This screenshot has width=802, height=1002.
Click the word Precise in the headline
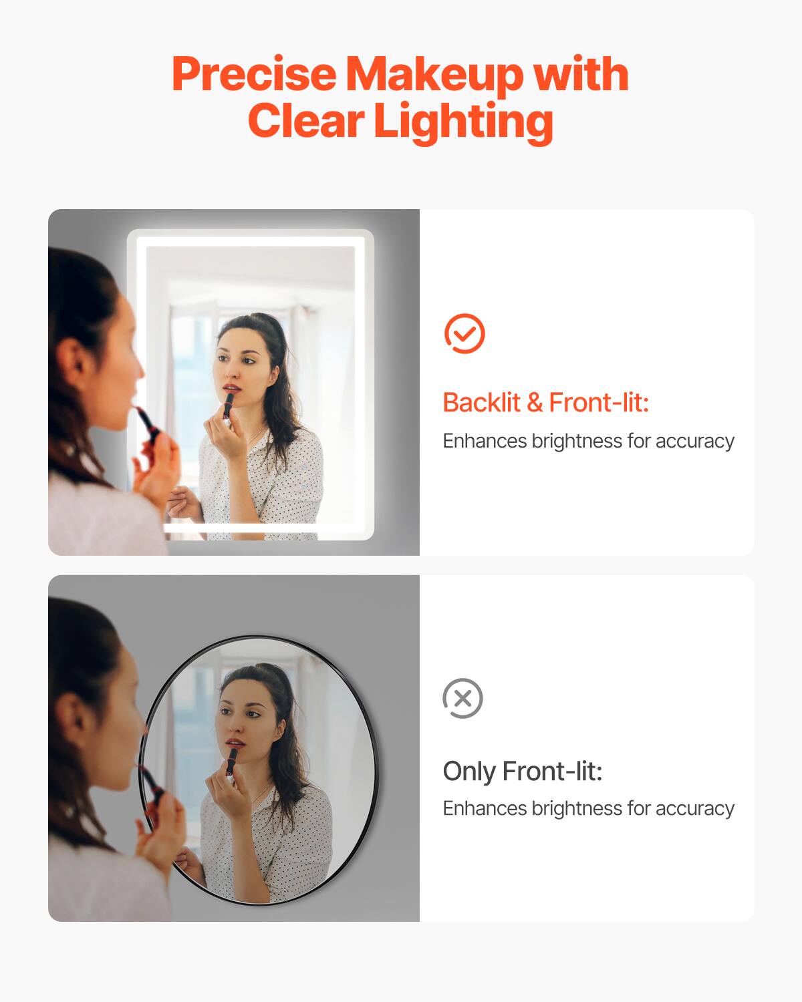pyautogui.click(x=254, y=74)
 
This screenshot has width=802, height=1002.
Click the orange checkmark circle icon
pyautogui.click(x=464, y=333)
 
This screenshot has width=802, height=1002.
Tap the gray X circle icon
pyautogui.click(x=462, y=699)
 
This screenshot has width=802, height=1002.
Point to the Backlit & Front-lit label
pyautogui.click(x=545, y=402)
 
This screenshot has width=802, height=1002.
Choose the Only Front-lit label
pyautogui.click(x=522, y=771)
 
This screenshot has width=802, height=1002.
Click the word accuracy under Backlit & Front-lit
pyautogui.click(x=694, y=441)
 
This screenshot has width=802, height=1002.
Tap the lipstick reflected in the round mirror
pyautogui.click(x=231, y=762)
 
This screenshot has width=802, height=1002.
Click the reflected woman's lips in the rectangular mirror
pyautogui.click(x=231, y=387)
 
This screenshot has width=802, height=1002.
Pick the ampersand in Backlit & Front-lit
pyautogui.click(x=535, y=402)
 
